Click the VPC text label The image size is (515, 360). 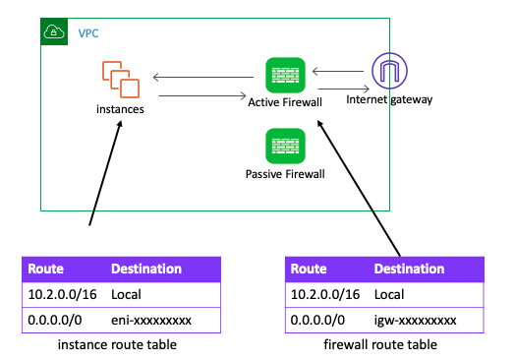coord(88,32)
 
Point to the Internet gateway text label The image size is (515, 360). coord(390,100)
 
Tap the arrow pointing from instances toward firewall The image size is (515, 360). coord(201,95)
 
